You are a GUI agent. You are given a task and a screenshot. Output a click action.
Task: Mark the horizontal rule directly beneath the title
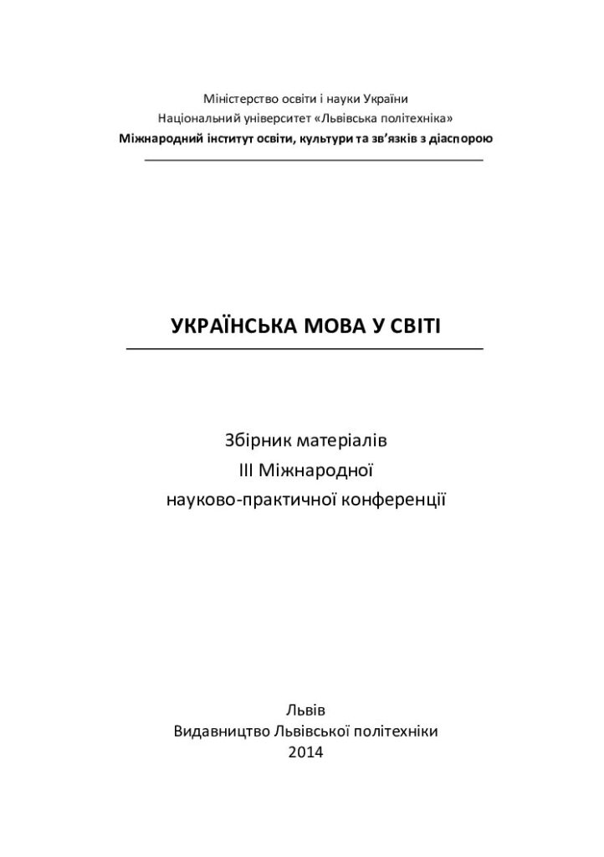tap(305, 347)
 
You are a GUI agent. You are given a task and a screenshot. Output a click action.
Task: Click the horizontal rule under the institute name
tap(314, 159)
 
